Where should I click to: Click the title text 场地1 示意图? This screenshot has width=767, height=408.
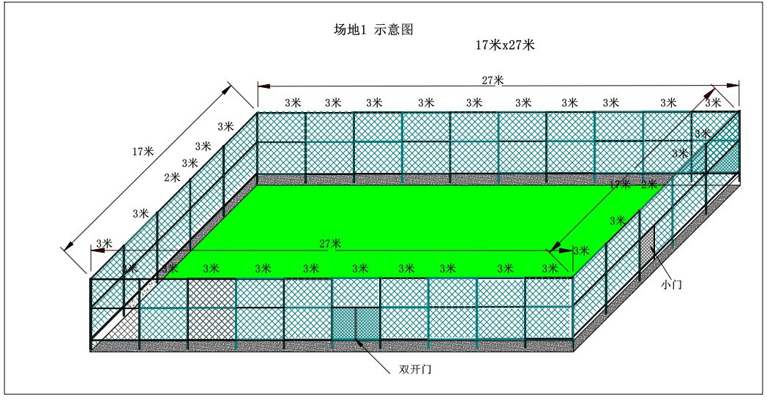tap(374, 30)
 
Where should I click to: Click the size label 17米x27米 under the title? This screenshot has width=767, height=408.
tap(505, 45)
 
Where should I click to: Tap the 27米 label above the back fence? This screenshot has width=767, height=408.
tap(493, 80)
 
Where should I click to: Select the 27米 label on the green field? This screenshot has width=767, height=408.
tap(330, 243)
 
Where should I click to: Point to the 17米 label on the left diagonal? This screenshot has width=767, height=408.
tap(143, 152)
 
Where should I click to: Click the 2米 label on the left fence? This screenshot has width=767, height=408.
tap(172, 177)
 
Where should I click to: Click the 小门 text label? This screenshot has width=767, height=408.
tap(670, 283)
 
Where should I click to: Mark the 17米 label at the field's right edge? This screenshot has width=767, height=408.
tap(621, 185)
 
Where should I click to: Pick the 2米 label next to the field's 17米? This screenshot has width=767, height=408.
tap(649, 185)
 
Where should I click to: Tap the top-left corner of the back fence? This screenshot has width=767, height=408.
tap(257, 112)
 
